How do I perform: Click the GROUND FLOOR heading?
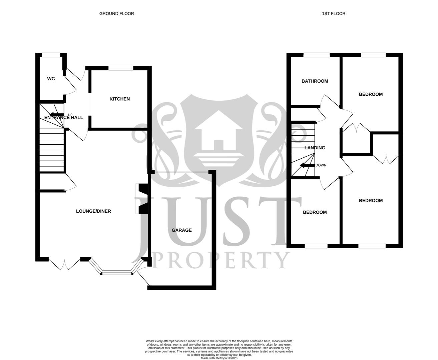(x=116, y=14)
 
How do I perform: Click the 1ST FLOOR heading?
(x=333, y=14)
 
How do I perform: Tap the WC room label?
(x=51, y=79)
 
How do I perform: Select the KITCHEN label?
(x=120, y=99)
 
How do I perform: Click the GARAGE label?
(x=181, y=230)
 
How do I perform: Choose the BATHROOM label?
(x=315, y=81)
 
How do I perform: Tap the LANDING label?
(x=315, y=148)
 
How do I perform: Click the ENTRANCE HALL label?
(x=63, y=117)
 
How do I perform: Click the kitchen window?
(x=121, y=68)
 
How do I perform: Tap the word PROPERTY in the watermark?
(x=221, y=260)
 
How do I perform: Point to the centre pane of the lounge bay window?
(x=117, y=273)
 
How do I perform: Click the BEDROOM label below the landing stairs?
(x=315, y=212)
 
